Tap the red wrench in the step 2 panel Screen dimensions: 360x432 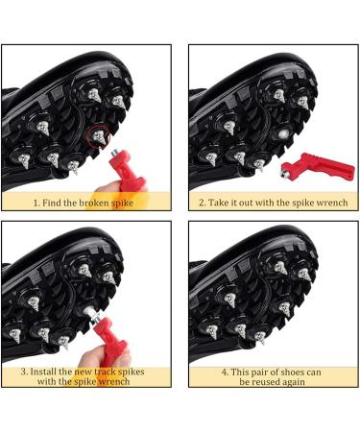point(317,166)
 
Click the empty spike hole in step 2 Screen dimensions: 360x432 point(282,134)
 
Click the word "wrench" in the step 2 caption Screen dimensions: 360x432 point(331,203)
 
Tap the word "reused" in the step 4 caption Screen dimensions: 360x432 point(268,382)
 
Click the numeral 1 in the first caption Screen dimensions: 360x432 point(36,203)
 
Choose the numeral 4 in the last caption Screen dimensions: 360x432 point(225,372)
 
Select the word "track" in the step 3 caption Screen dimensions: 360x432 point(105,372)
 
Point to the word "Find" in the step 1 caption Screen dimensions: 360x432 point(52,203)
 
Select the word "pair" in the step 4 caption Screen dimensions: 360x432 point(252,372)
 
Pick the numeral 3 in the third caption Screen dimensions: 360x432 point(24,372)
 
